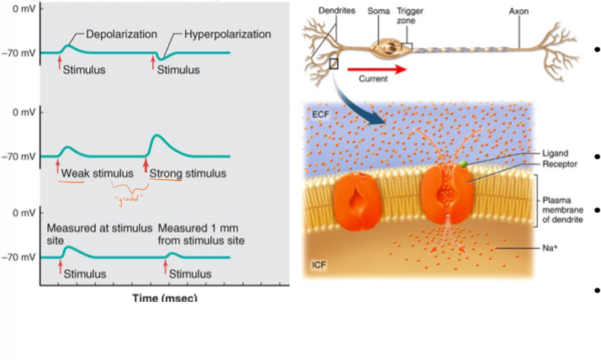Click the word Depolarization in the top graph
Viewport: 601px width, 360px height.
coord(122,34)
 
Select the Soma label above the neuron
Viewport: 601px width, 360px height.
coord(379,11)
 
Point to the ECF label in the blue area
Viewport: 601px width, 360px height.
coord(320,113)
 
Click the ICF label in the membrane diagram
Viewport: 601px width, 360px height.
coord(319,266)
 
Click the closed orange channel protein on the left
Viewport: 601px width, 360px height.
coord(357,203)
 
